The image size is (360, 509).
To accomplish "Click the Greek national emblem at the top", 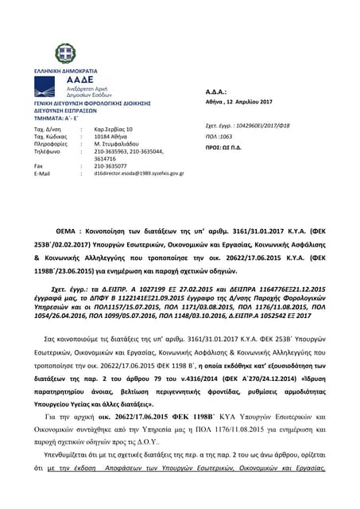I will (66, 54).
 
